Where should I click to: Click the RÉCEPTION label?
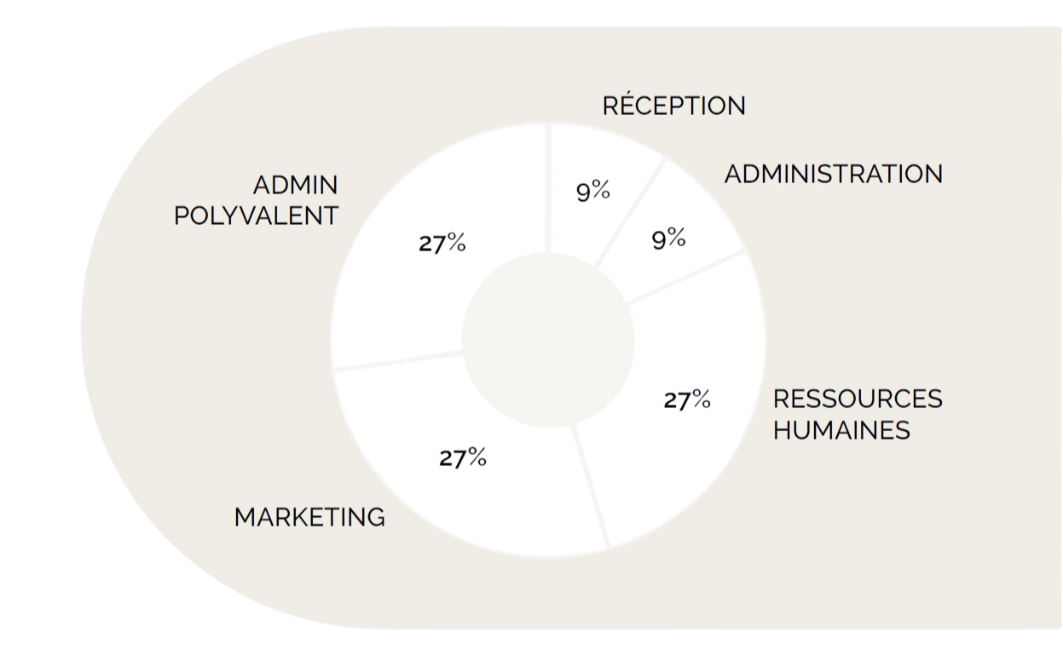point(673,106)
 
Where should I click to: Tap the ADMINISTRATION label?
point(833,174)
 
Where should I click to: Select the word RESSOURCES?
point(857,399)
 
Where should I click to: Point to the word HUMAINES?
point(841,430)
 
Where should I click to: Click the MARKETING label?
point(309,517)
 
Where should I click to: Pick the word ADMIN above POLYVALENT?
point(295,185)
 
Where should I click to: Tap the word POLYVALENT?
point(256,216)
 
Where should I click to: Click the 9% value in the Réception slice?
point(592,191)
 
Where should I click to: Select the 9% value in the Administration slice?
point(668,239)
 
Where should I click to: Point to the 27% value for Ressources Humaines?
point(686,399)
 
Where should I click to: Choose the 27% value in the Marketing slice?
point(462,458)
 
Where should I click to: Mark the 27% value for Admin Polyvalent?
point(442,244)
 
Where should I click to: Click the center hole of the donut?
point(547,341)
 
